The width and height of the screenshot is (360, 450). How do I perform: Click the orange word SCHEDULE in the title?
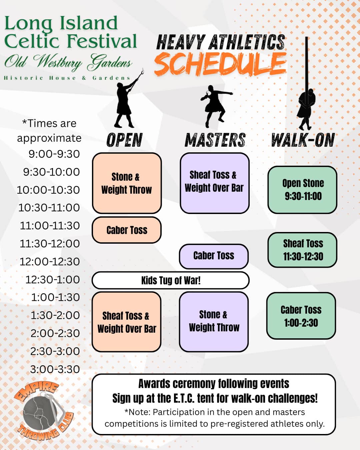(x=220, y=63)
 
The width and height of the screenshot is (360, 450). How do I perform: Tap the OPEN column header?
(x=124, y=140)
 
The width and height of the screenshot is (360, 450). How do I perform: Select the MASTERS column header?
(x=215, y=140)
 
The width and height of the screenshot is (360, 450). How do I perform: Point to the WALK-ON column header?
(x=303, y=140)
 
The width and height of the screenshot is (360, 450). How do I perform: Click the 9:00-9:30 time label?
(x=54, y=154)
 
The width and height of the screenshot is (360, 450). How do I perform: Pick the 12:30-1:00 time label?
(x=53, y=280)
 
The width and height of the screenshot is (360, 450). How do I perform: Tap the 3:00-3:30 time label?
(x=55, y=369)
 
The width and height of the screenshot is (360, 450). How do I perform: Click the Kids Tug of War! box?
(x=170, y=280)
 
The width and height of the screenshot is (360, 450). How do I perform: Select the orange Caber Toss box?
(x=127, y=230)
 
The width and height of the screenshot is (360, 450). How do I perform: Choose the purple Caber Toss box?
(x=214, y=256)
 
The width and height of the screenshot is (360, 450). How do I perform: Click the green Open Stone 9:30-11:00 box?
(x=302, y=190)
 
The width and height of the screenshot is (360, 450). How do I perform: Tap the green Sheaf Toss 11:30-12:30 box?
(x=302, y=250)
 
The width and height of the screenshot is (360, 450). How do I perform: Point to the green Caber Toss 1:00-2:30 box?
(x=301, y=316)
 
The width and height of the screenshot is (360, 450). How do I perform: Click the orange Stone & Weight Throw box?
(x=127, y=183)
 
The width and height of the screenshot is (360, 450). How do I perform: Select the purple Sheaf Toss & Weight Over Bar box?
(x=215, y=183)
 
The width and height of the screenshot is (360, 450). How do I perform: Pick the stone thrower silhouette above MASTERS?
(x=215, y=106)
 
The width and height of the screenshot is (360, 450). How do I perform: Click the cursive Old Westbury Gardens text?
(x=68, y=63)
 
